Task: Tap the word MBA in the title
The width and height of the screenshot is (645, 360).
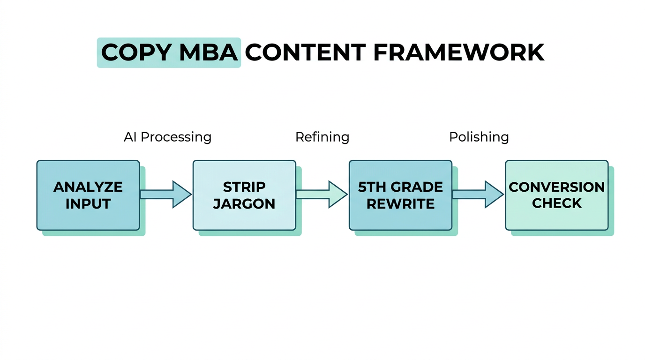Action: coord(209,52)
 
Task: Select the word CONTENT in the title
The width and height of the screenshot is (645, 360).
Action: coord(305,52)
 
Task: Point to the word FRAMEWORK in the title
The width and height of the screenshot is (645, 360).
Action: coord(458,52)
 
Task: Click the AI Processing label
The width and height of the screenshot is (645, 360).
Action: coord(167,137)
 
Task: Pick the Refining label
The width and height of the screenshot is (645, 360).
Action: coord(322,137)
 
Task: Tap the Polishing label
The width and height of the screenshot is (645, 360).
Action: coord(479,137)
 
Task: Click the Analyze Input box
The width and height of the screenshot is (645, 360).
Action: coord(88,195)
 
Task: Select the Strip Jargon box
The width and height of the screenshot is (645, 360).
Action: coord(244,195)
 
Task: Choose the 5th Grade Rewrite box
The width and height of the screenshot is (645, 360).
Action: coord(400,195)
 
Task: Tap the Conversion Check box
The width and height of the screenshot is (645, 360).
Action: coord(556,195)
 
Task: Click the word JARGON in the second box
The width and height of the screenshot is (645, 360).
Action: coord(244,204)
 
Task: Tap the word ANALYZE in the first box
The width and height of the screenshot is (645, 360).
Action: coord(88,187)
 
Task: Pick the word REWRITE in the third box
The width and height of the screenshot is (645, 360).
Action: coord(400,204)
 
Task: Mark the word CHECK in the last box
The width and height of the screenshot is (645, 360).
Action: coord(557,203)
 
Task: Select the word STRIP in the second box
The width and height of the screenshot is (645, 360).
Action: coord(244,187)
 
